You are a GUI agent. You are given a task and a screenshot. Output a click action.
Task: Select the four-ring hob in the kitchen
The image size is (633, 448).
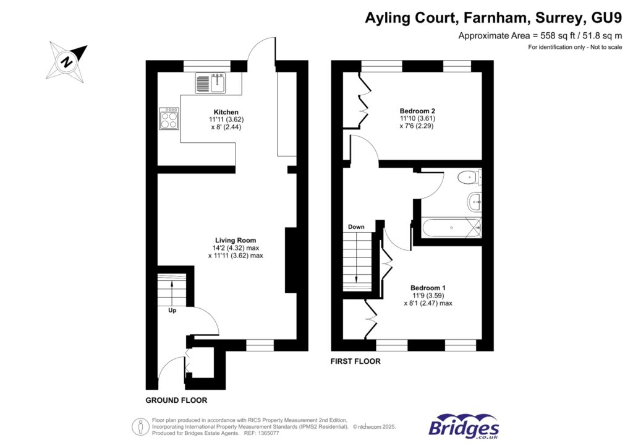[169, 118]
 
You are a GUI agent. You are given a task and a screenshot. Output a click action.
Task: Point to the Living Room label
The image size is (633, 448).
[236, 240]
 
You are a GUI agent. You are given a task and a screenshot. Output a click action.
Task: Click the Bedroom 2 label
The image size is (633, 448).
[417, 111]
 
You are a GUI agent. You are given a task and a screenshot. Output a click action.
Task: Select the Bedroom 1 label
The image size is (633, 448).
[428, 288]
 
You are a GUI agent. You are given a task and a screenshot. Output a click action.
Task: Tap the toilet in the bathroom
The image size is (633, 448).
[470, 178]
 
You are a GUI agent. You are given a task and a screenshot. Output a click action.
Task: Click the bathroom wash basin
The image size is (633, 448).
[474, 200]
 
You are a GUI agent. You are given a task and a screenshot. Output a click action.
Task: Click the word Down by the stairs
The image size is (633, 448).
[356, 227]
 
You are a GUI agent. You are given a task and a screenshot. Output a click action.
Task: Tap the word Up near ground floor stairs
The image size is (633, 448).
[172, 311]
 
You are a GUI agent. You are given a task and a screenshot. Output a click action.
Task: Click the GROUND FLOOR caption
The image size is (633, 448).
[176, 400]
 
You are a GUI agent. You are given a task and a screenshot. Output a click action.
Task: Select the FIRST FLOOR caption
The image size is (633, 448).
[355, 361]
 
